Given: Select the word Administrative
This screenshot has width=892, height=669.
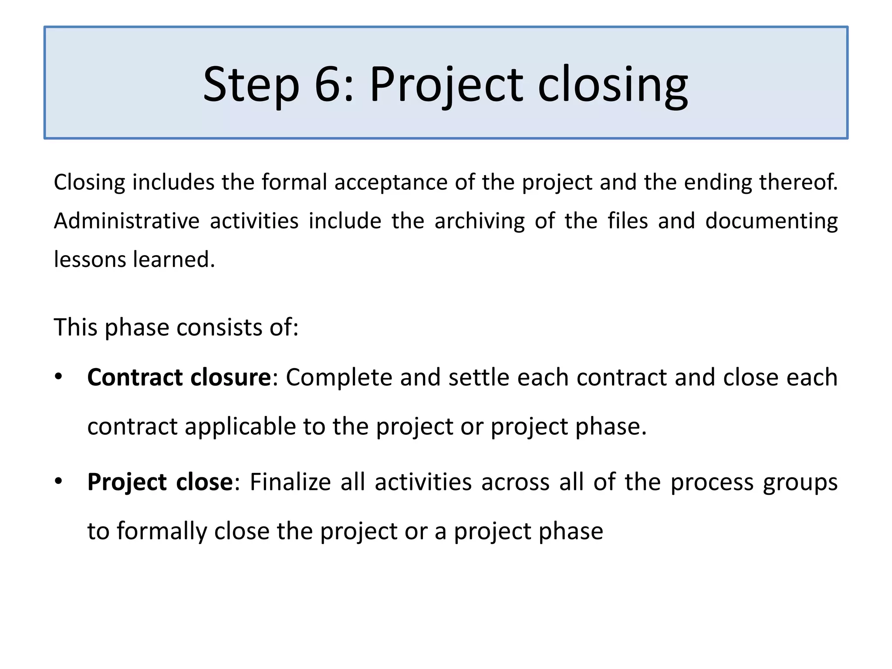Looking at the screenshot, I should (126, 221).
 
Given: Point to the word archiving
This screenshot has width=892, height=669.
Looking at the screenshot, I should (480, 221).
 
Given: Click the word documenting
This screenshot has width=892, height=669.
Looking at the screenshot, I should (771, 221).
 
